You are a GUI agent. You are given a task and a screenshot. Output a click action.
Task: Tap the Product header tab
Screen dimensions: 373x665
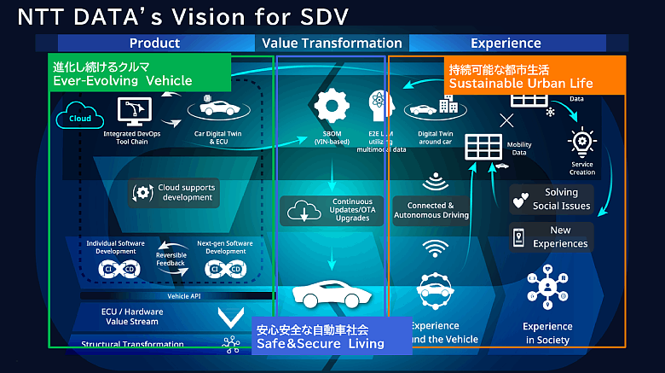(x=154, y=43)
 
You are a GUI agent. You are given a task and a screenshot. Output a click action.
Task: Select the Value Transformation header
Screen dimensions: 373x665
(x=332, y=43)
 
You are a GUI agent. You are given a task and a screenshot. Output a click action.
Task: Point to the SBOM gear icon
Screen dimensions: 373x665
(x=332, y=106)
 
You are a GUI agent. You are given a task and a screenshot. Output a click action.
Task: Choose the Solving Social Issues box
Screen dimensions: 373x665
(x=552, y=199)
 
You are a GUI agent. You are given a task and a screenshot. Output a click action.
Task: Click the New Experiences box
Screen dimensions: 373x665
(x=552, y=236)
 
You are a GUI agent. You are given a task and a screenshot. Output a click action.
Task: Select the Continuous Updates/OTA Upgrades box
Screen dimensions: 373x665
(x=332, y=211)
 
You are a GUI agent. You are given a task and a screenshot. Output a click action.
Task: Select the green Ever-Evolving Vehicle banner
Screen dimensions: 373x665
(x=139, y=73)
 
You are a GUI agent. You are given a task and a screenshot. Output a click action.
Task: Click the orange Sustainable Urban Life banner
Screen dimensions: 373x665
(x=535, y=75)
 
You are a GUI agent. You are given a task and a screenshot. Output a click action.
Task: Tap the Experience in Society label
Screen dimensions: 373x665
(x=547, y=333)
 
